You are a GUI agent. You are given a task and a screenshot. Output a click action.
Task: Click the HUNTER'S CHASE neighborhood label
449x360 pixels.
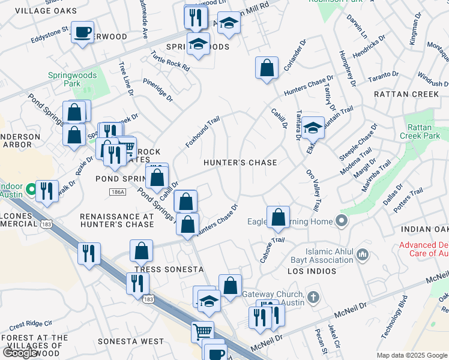240,163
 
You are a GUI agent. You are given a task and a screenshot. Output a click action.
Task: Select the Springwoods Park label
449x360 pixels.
64,80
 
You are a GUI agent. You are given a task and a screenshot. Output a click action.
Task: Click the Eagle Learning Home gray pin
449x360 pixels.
342,221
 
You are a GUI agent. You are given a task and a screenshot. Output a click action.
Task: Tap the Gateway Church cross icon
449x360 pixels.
312,297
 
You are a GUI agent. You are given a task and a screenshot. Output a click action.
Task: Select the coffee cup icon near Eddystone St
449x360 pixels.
82,32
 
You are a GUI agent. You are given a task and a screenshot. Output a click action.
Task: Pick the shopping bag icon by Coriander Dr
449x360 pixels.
267,67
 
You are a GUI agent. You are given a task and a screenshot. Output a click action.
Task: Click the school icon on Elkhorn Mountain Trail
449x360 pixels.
313,127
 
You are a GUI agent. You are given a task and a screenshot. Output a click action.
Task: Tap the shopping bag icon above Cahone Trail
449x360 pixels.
278,217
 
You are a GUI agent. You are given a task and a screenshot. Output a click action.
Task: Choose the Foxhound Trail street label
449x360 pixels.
202,133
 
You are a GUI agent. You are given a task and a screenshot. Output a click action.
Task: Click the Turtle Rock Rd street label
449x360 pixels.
170,61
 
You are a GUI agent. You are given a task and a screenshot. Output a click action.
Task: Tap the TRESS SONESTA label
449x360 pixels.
157,269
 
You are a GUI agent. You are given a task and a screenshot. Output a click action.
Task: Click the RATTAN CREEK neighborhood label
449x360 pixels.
406,94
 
